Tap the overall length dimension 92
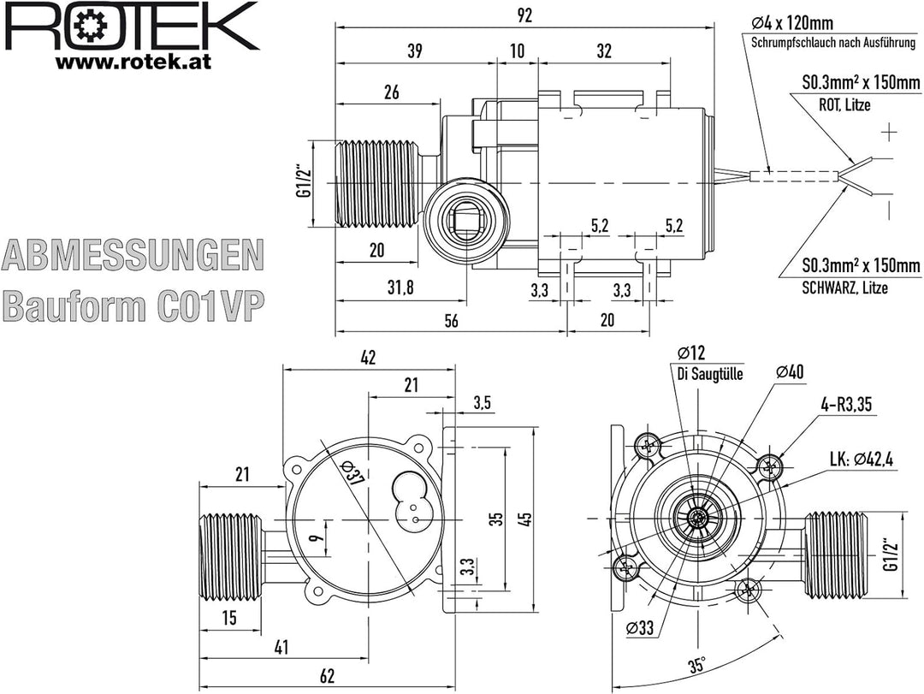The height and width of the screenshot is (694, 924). (x=525, y=15)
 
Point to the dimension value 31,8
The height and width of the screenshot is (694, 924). (x=400, y=288)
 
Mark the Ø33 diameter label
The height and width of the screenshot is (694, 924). (x=640, y=628)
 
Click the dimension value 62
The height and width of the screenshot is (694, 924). (x=327, y=675)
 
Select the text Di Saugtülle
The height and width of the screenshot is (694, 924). (x=709, y=374)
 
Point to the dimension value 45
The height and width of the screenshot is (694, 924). (x=526, y=519)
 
